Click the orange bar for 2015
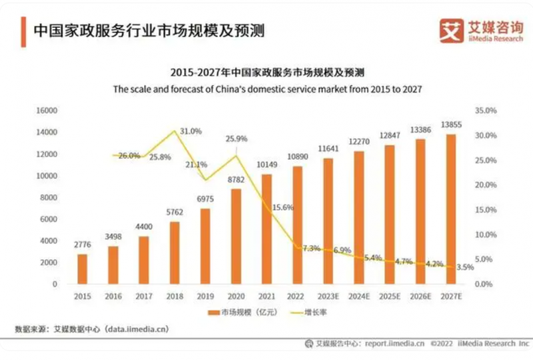pos(82,269)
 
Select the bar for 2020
pos(236,236)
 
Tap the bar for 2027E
pos(451,209)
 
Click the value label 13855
pos(451,125)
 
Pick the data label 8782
pos(236,180)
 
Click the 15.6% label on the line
pos(282,208)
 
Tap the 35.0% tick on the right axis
pos(487,111)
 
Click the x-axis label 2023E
pos(328,297)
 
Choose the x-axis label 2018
pos(175,297)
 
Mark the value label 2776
pos(82,245)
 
